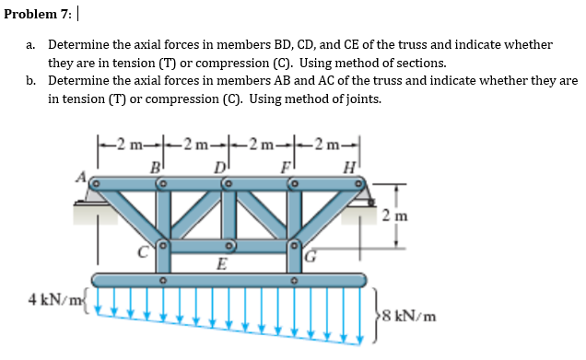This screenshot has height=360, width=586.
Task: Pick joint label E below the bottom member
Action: click(x=221, y=264)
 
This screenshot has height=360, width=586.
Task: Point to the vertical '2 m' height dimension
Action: click(x=407, y=216)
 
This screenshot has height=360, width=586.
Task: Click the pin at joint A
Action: click(x=95, y=184)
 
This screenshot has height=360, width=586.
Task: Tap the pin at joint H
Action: click(x=360, y=184)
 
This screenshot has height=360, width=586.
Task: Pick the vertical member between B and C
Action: click(x=162, y=215)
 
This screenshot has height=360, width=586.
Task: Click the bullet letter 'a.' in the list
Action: click(x=31, y=44)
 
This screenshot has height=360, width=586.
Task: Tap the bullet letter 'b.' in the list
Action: click(x=31, y=80)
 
